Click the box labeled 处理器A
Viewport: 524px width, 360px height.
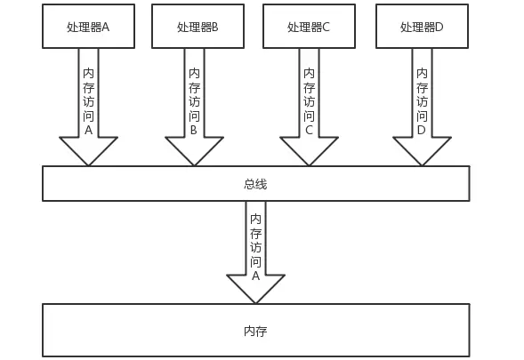pos(88,27)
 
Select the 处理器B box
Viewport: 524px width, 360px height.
pos(198,27)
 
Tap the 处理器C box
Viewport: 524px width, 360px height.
pos(309,27)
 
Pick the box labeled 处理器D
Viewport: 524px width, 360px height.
pos(422,27)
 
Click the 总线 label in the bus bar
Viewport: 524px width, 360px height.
pos(255,184)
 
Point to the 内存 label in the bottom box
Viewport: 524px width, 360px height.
pos(255,331)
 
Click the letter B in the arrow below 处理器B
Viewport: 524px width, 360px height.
pos(194,130)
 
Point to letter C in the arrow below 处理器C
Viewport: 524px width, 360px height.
pos(309,130)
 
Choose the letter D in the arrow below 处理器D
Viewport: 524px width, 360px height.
pos(422,130)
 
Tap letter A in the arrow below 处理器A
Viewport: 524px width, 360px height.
pos(88,130)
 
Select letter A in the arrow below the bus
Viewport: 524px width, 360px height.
pos(255,276)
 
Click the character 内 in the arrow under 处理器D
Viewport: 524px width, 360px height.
pos(422,73)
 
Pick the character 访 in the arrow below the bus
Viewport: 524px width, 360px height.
pos(255,247)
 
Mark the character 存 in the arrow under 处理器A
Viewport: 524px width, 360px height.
pos(88,87)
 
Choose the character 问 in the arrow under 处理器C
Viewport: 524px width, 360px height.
pos(309,116)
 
